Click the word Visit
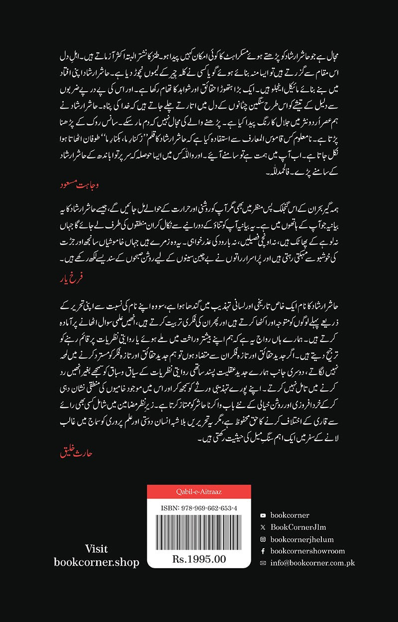(97, 549)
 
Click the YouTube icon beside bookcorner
(263, 515)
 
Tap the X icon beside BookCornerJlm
(263, 527)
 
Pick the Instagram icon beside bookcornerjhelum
(263, 539)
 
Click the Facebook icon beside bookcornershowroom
(263, 551)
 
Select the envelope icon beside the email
(263, 563)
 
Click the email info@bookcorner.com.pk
(312, 563)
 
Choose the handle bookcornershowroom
(307, 551)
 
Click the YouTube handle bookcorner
(290, 515)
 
